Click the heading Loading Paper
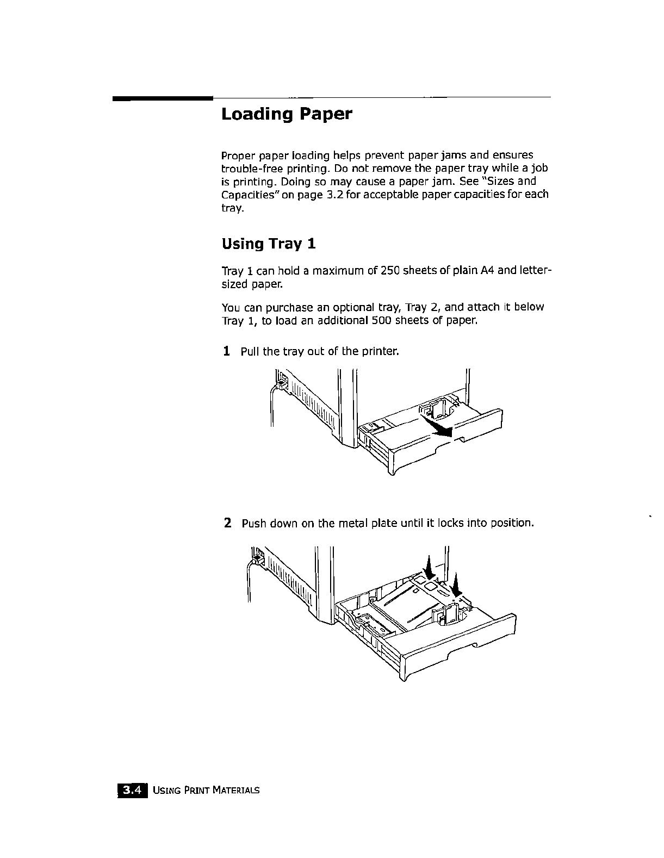tap(287, 115)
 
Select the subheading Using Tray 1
tap(269, 244)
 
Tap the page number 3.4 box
tap(132, 789)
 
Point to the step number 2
tap(228, 523)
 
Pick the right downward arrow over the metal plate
tap(456, 584)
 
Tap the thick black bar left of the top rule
tap(162, 99)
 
